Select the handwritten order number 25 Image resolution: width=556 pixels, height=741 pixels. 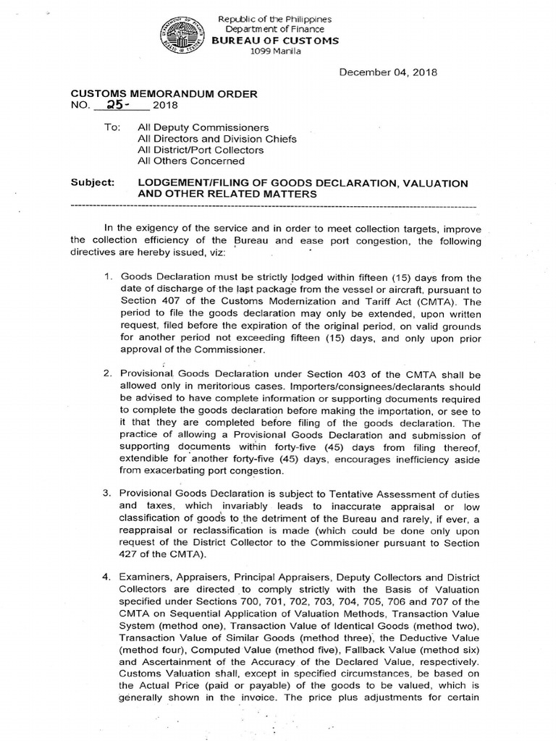point(113,105)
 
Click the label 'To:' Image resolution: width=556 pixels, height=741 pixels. point(113,127)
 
